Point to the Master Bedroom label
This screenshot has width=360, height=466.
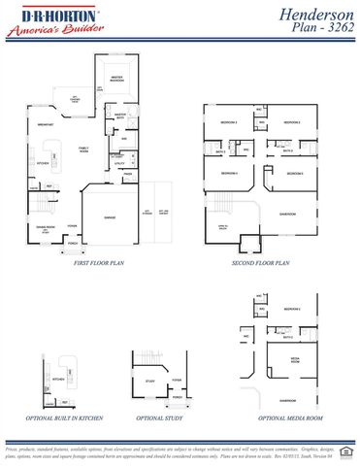117,77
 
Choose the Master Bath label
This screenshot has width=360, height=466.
121,116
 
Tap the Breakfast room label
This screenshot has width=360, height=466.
45,125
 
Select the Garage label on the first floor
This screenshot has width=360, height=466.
110,217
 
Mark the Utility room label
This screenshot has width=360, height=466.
120,164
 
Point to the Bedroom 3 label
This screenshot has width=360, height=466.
228,123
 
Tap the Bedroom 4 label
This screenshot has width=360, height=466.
229,172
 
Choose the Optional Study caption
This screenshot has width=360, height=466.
157,418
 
